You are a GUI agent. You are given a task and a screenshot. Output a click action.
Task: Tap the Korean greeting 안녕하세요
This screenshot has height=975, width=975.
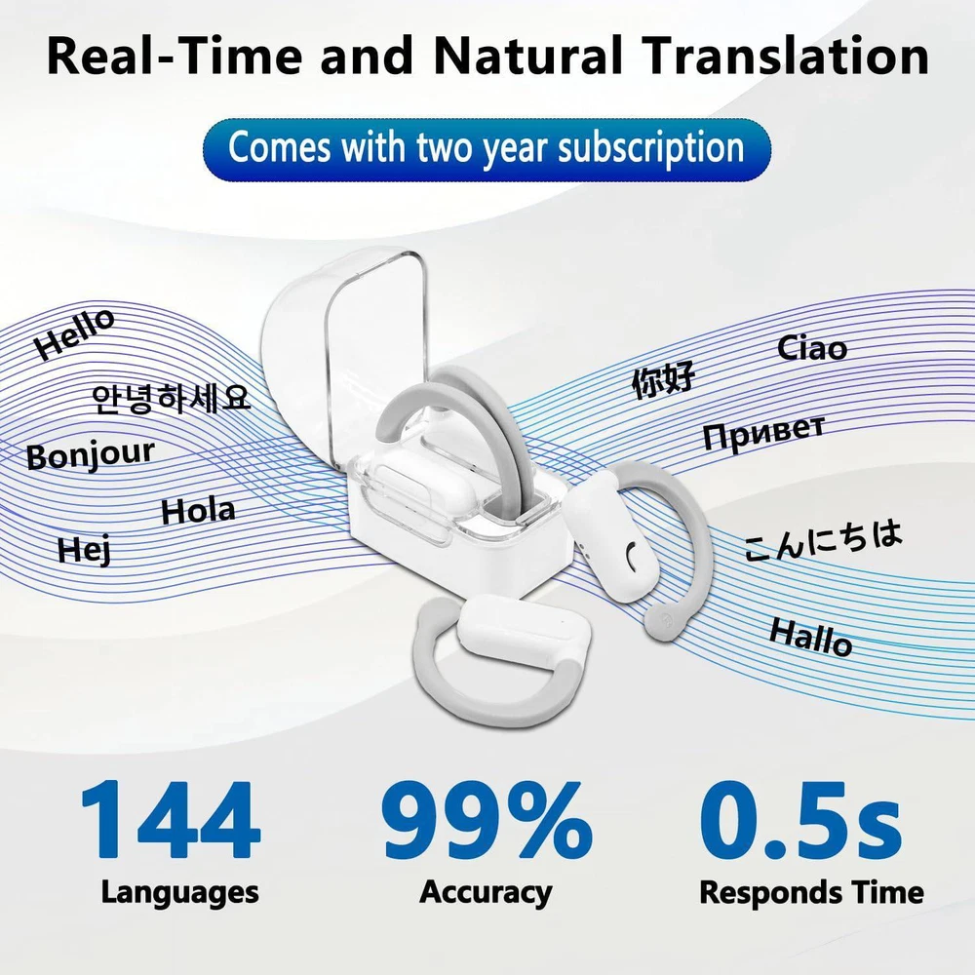click(171, 399)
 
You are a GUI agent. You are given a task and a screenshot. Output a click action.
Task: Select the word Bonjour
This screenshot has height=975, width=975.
click(91, 454)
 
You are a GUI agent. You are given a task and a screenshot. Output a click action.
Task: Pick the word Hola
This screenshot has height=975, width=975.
click(198, 511)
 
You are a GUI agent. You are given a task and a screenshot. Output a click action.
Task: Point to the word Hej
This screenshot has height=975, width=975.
click(85, 549)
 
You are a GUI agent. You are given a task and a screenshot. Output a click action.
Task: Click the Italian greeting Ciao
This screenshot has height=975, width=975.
click(812, 348)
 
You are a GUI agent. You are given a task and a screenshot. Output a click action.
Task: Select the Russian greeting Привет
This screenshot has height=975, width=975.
click(764, 432)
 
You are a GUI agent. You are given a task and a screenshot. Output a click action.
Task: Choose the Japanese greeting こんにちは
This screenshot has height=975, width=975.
click(822, 539)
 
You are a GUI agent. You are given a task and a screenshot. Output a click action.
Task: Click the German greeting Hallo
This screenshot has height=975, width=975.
click(811, 638)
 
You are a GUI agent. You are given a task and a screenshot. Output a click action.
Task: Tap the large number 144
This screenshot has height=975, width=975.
click(171, 820)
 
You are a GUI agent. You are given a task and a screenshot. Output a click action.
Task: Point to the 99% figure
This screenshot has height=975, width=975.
click(487, 820)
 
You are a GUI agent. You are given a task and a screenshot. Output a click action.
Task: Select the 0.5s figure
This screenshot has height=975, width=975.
click(800, 820)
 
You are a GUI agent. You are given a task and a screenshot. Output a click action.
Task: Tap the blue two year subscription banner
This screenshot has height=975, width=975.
click(487, 149)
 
